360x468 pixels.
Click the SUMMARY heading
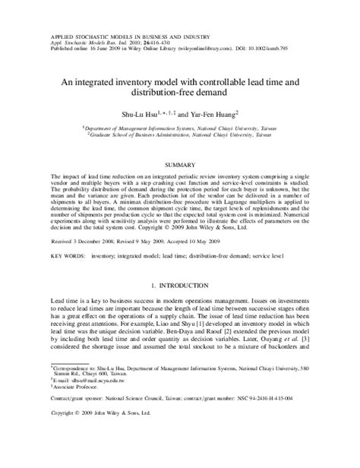click(180, 163)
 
